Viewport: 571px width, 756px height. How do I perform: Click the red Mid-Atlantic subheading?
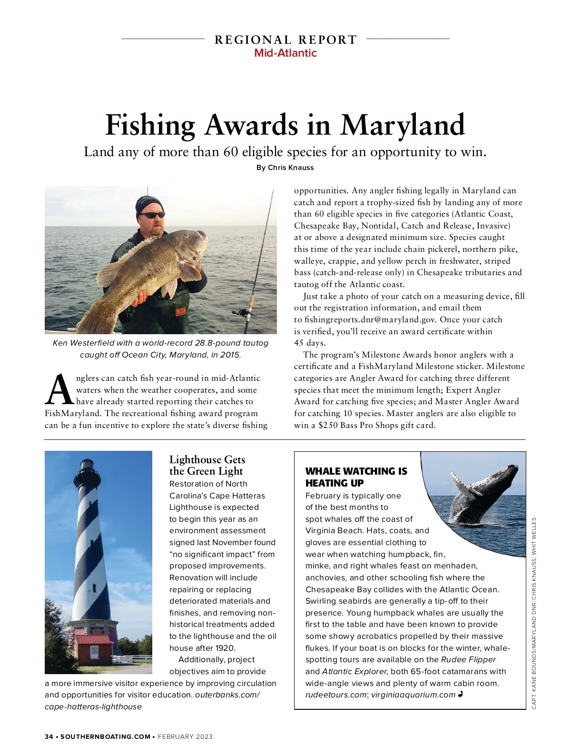pos(285,53)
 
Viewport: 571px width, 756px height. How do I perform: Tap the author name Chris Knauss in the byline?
pos(290,168)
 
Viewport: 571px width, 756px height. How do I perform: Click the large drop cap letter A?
pos(59,389)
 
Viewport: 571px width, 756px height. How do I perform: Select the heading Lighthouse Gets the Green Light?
pos(207,465)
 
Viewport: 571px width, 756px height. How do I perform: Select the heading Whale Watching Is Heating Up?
pos(356,477)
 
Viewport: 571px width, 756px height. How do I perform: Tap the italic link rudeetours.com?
pos(335,695)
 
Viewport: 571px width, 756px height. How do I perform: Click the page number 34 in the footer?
pos(49,736)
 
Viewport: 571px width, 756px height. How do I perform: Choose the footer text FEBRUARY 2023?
pos(185,736)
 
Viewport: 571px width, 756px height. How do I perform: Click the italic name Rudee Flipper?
pos(468,659)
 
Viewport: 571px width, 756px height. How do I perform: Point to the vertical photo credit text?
pos(534,613)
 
